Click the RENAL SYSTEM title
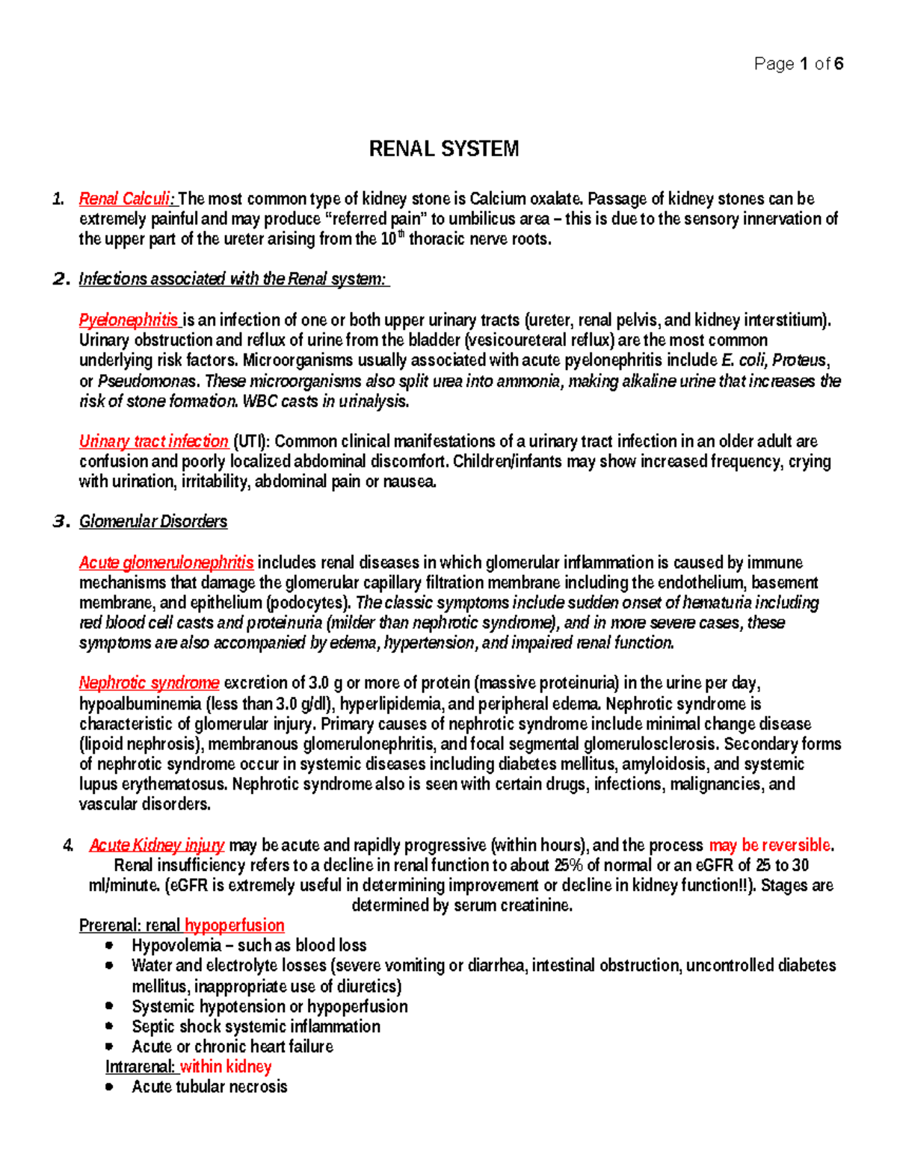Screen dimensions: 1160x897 (444, 149)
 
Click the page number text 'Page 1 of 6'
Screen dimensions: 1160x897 (798, 64)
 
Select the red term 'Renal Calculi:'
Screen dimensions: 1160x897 (127, 199)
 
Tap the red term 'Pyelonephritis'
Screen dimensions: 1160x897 (129, 320)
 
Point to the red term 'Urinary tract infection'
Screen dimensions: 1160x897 (153, 441)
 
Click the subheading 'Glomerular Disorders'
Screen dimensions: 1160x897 (153, 521)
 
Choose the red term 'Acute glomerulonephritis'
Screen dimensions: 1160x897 (166, 562)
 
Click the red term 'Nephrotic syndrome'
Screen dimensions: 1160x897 (149, 683)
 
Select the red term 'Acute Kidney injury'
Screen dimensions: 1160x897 (156, 845)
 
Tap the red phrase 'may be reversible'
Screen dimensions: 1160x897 (770, 845)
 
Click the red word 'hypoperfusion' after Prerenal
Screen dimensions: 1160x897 (234, 925)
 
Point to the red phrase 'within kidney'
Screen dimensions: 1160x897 (226, 1067)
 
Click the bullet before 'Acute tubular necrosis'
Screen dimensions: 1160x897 (110, 1088)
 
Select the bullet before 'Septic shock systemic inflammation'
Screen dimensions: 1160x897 (110, 1027)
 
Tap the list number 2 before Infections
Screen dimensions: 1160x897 (59, 279)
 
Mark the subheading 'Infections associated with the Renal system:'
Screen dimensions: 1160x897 (233, 279)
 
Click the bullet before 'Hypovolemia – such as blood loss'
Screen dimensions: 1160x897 (110, 946)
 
